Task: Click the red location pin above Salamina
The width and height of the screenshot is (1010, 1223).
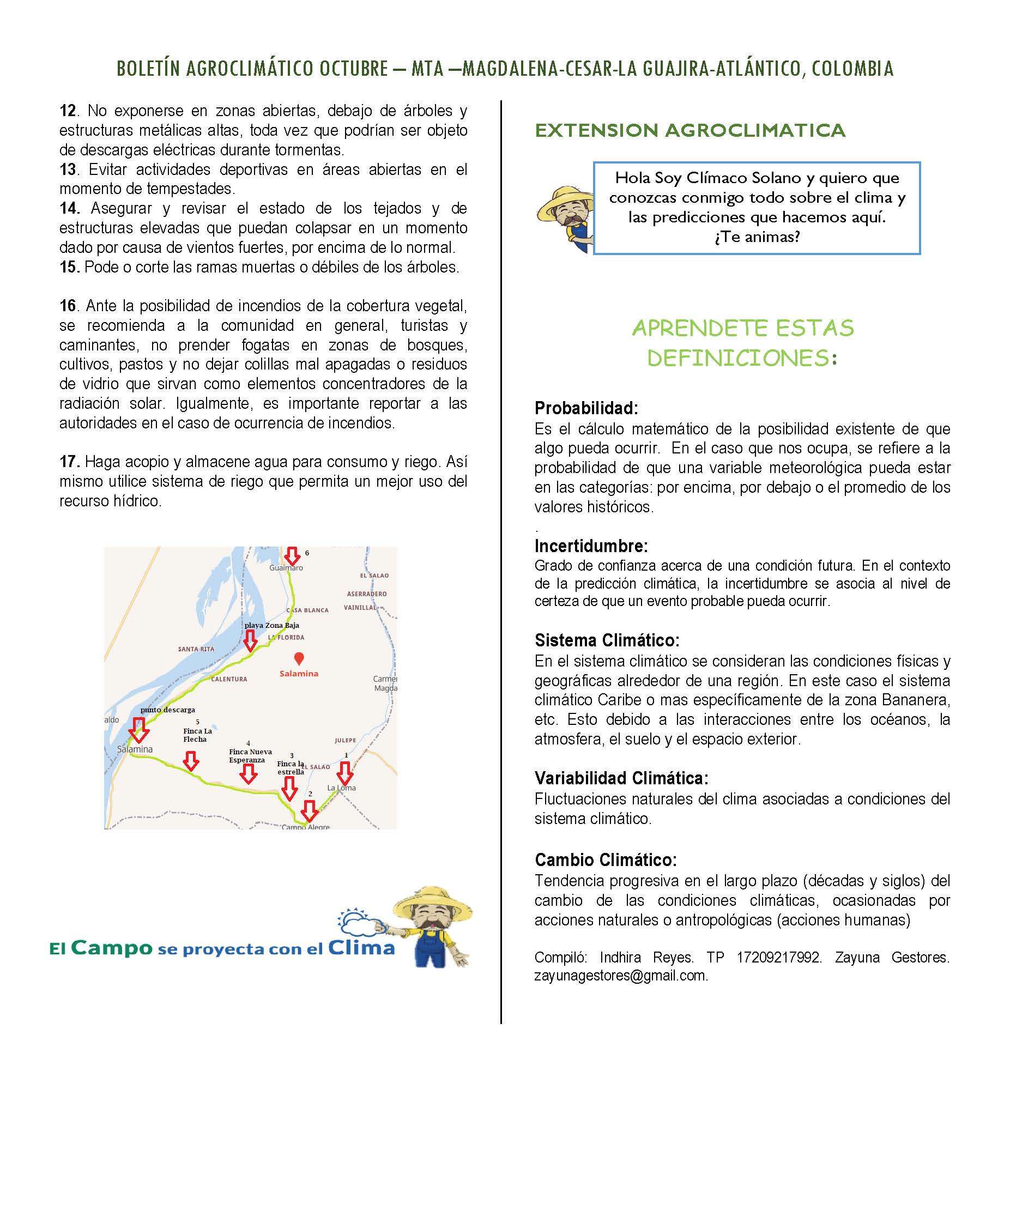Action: (x=299, y=658)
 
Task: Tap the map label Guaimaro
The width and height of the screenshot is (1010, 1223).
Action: (x=286, y=568)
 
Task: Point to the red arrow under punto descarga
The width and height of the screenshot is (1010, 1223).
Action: (x=138, y=730)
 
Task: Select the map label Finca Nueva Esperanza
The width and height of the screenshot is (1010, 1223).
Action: (x=250, y=756)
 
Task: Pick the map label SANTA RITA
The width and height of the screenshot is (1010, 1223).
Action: (x=196, y=649)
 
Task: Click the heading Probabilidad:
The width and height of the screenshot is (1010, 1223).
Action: (x=586, y=408)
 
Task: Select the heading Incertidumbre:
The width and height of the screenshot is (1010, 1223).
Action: (x=591, y=546)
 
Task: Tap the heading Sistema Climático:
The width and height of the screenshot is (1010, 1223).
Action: (x=607, y=640)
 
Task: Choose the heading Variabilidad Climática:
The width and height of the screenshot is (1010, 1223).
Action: (x=621, y=778)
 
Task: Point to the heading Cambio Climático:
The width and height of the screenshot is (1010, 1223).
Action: (x=606, y=860)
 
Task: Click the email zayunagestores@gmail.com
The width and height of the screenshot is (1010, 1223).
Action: (x=621, y=976)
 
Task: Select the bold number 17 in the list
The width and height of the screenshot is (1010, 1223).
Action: (x=69, y=462)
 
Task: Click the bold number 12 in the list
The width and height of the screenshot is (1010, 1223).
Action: (x=68, y=111)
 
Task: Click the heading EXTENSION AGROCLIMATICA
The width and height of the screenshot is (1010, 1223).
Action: (x=690, y=130)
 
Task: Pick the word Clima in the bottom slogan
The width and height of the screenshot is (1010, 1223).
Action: (x=361, y=948)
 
